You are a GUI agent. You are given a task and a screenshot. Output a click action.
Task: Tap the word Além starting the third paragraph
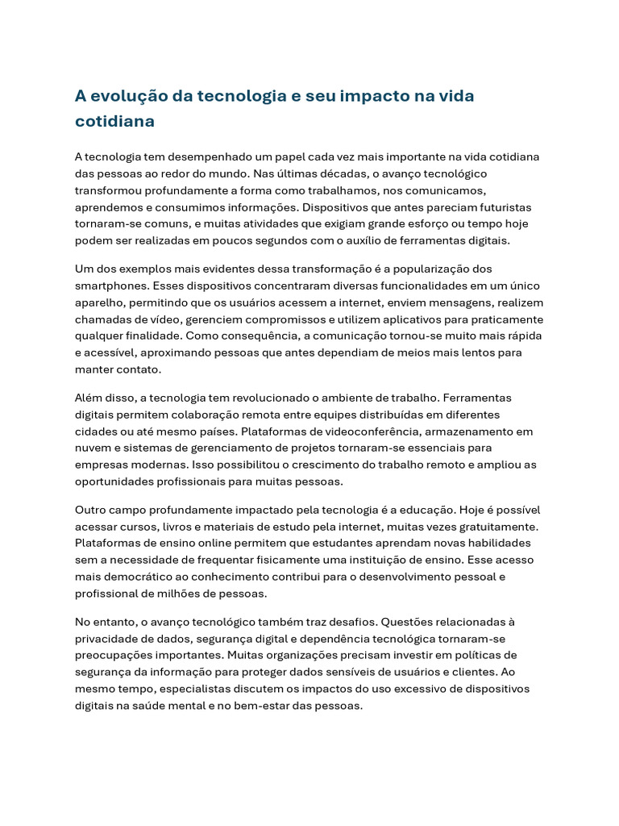(x=89, y=398)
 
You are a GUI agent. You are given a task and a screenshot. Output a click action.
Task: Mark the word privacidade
(x=108, y=638)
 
